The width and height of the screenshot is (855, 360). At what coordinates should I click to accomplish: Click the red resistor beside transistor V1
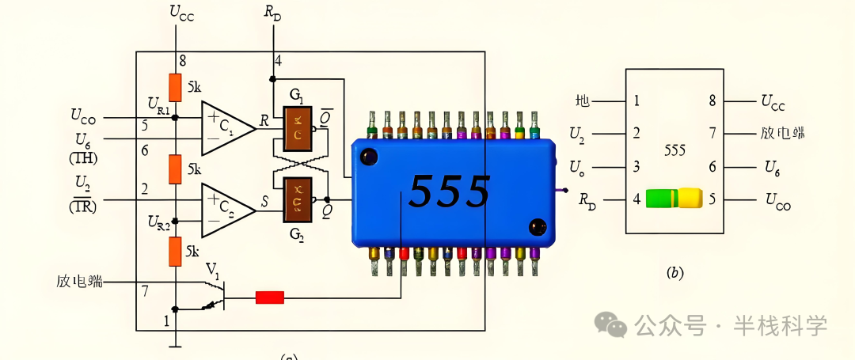coord(269,297)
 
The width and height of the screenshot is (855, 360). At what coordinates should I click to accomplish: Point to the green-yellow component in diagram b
coord(674,198)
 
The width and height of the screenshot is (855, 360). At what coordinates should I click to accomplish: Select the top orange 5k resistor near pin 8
coord(175,87)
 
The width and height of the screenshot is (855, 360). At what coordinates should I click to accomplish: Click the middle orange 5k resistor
coord(175,169)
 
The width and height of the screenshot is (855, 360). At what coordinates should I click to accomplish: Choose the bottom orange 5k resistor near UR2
coord(175,251)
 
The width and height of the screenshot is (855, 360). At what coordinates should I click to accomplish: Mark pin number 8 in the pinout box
coord(712,101)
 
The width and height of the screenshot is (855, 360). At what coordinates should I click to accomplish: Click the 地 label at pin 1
coord(583,101)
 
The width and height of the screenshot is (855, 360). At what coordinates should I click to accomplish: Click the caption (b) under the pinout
coord(674,273)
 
